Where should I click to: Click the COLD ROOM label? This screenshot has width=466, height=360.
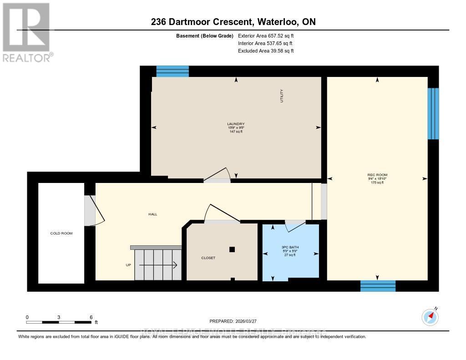point(61,233)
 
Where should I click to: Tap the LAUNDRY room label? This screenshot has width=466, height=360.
point(236,124)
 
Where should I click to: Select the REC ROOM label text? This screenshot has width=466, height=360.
point(377,175)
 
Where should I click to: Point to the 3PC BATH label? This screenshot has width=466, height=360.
point(290,247)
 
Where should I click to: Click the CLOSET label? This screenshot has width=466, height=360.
point(208,258)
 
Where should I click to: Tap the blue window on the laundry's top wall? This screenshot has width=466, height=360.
point(172,71)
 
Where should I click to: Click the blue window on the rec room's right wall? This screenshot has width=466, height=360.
point(433,113)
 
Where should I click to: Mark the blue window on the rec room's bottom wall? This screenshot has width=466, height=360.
point(378,286)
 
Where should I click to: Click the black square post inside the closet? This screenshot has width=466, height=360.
point(232,249)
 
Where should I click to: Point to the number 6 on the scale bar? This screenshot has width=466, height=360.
point(91,317)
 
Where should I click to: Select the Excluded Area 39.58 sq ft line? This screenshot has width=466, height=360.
point(265,51)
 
